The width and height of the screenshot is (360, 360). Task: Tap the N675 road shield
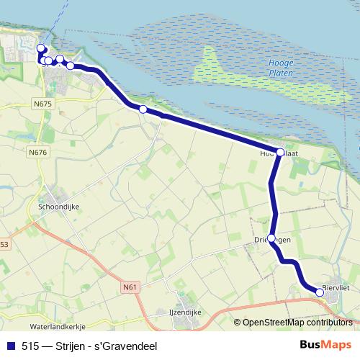pyautogui.click(x=43, y=104)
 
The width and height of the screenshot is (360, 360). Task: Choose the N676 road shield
pyautogui.click(x=37, y=152)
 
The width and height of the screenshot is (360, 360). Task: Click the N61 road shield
pyautogui.click(x=130, y=287)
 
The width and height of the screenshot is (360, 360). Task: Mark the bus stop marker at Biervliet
pyautogui.click(x=320, y=292)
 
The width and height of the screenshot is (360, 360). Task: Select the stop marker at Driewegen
pyautogui.click(x=271, y=238)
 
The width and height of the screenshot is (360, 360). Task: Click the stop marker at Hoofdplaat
pyautogui.click(x=280, y=153)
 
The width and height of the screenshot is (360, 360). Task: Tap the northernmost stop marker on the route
pyautogui.click(x=40, y=48)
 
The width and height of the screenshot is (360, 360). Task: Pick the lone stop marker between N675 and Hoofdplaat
pyautogui.click(x=143, y=109)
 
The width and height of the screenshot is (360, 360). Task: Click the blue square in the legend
pyautogui.click(x=12, y=346)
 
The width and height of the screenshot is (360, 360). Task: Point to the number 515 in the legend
pyautogui.click(x=30, y=346)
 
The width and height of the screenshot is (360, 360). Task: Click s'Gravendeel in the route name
pyautogui.click(x=130, y=346)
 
